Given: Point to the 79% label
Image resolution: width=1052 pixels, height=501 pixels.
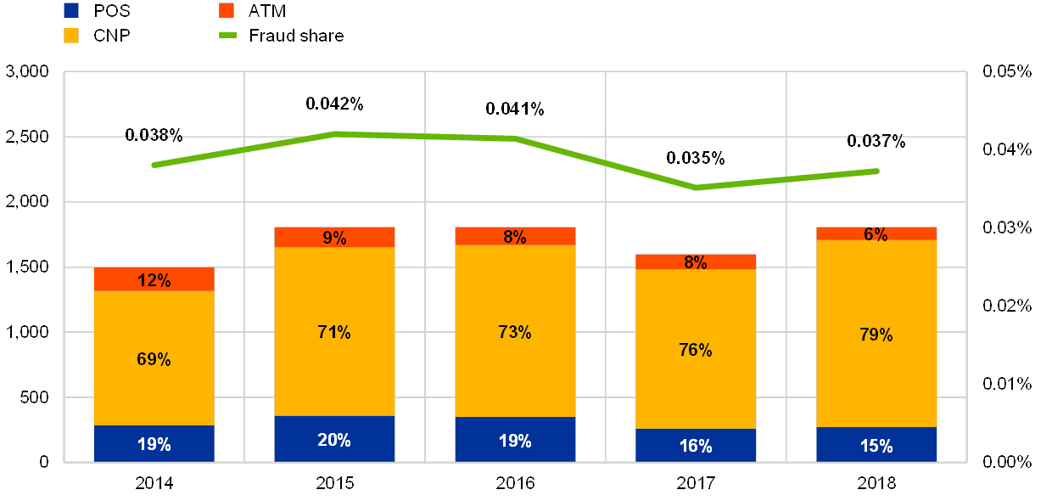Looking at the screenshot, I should coord(876,335).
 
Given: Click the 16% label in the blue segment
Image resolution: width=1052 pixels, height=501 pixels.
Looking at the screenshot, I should coord(696,446).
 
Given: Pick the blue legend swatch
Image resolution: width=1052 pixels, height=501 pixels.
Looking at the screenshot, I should coord(72,10).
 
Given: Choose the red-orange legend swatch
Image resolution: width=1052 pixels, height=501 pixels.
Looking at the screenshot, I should coord(227,10).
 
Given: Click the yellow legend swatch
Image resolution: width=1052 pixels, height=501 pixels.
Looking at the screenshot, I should coord(72,36).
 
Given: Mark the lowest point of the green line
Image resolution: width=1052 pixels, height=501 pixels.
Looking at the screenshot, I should coord(697,187).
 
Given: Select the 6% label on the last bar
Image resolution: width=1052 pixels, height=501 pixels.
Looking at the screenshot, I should coord(876,234).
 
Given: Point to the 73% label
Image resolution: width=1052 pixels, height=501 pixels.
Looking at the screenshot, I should coord(515,332).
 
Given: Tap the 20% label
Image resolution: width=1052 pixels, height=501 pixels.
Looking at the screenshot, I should coord(334,440).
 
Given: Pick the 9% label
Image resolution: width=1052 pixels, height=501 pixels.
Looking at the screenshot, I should coord(334,238).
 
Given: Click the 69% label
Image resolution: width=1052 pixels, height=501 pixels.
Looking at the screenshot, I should coord(154,359).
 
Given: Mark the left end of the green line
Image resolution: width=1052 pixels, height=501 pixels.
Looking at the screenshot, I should coord(154,165).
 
